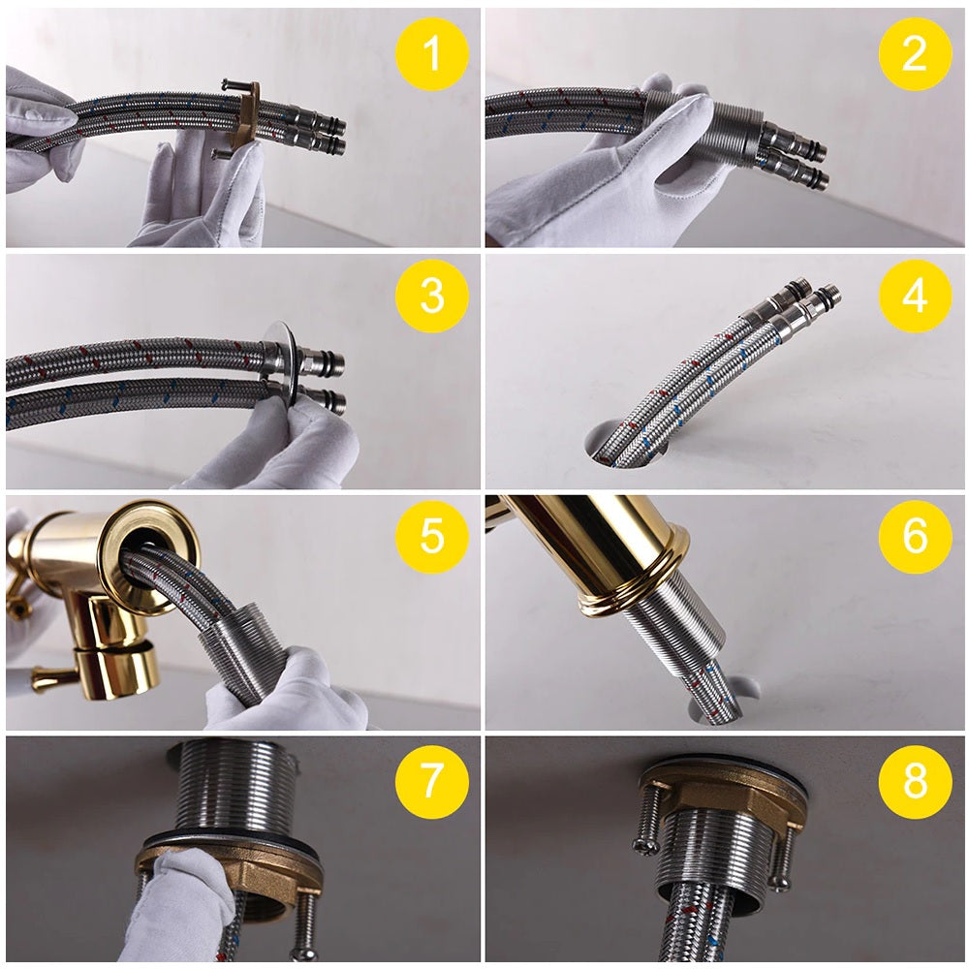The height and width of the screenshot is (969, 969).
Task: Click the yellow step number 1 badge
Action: [x=431, y=54]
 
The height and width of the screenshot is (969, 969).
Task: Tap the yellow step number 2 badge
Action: [x=915, y=54]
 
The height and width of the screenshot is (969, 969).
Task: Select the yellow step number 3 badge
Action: [x=431, y=296]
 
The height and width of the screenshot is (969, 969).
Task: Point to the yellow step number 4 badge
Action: [x=915, y=296]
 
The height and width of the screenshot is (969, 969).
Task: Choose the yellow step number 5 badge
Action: [x=431, y=536]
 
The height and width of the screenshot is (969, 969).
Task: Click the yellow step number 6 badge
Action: [x=915, y=536]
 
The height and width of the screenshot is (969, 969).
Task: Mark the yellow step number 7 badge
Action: [x=431, y=779]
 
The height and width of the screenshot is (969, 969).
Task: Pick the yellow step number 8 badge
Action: [x=915, y=779]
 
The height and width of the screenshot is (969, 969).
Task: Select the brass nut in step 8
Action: [x=722, y=795]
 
